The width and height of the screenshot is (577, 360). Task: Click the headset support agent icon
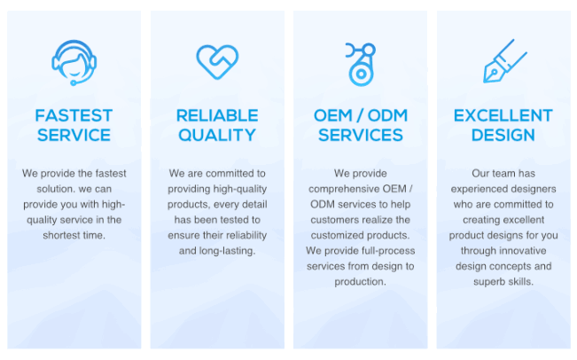(x=74, y=63)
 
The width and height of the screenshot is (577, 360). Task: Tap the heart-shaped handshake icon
(x=217, y=62)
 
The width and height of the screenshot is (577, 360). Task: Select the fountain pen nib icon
(x=504, y=61)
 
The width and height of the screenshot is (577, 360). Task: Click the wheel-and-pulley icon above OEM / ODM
(x=361, y=65)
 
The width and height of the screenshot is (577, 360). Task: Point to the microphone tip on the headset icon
(x=74, y=82)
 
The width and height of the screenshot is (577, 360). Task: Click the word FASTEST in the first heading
(x=74, y=115)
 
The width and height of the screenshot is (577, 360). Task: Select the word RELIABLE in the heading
(x=217, y=115)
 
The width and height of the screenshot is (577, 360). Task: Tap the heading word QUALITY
(x=217, y=135)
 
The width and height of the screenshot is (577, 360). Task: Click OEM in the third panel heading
(x=332, y=115)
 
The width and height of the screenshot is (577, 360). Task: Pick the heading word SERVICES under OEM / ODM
(x=361, y=135)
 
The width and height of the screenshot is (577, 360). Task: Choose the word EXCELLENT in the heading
(x=503, y=115)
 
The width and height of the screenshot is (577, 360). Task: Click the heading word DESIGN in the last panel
(x=503, y=135)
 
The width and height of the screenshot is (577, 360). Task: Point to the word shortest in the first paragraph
(x=60, y=235)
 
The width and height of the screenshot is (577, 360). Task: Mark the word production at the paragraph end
(x=360, y=282)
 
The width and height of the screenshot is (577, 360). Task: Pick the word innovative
(x=523, y=251)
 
